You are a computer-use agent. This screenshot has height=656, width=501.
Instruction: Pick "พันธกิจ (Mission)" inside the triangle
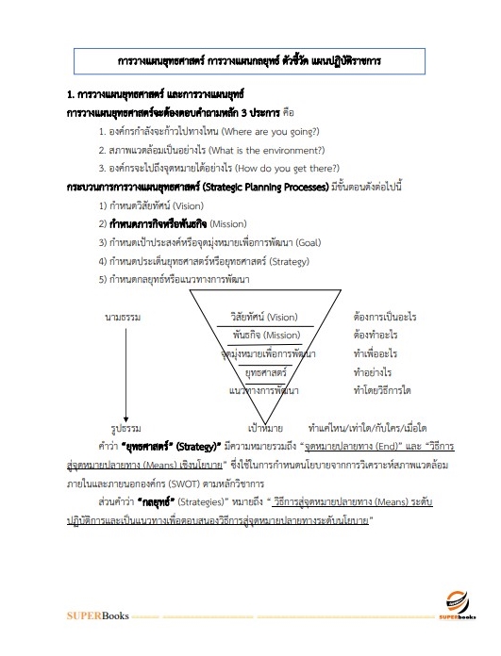266,335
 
